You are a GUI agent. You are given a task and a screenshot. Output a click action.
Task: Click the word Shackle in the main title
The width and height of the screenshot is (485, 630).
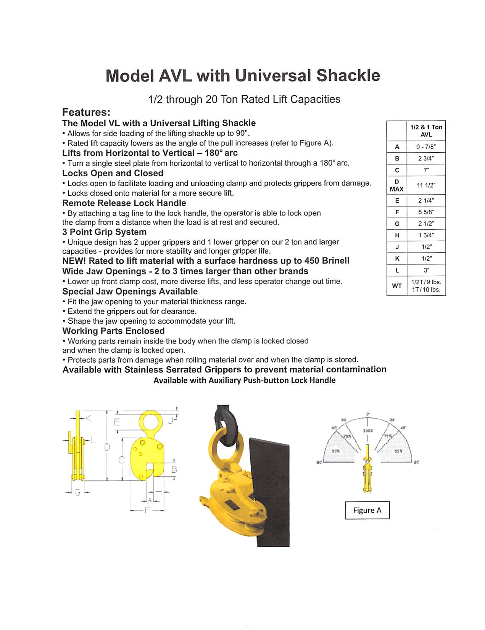[348, 76]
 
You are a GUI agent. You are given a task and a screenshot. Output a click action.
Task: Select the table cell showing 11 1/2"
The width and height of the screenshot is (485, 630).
[426, 185]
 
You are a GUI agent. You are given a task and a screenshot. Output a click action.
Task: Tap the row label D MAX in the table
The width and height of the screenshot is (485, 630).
[396, 185]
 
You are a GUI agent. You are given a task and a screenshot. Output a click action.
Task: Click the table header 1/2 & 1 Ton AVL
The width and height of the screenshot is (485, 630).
[426, 131]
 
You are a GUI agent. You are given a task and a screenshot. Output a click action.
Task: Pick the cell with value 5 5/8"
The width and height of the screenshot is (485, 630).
[426, 212]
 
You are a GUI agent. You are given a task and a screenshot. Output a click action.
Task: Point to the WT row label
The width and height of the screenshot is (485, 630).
[396, 286]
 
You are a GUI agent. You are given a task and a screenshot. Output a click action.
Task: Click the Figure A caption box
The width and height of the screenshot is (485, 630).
[367, 510]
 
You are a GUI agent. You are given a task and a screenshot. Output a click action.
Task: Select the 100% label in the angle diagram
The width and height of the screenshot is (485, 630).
[367, 430]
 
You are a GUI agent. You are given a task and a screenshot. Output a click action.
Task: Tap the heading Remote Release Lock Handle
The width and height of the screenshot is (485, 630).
[124, 203]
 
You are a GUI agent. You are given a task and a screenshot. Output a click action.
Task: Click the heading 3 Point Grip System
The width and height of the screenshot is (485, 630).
[104, 232]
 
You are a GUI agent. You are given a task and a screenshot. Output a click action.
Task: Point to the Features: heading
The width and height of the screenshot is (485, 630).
[86, 112]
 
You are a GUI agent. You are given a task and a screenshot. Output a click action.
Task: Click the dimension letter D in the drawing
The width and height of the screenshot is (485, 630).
[108, 447]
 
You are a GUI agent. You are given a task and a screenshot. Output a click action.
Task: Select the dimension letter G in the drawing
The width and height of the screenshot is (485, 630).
[77, 493]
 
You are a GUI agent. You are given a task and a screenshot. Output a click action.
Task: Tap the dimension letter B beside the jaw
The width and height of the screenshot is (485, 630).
[174, 469]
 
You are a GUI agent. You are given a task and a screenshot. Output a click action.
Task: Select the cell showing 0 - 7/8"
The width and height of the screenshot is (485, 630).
[426, 147]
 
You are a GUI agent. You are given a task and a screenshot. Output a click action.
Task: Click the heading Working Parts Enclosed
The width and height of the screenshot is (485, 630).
[113, 331]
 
